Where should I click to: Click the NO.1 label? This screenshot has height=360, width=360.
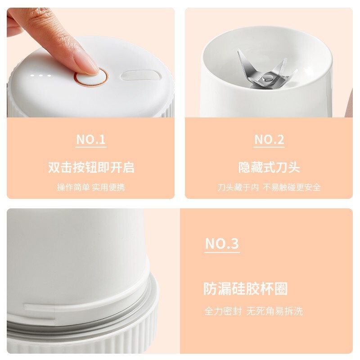(91, 139)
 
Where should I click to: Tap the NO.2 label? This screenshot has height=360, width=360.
(269, 139)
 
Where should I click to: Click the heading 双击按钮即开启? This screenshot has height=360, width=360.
(91, 167)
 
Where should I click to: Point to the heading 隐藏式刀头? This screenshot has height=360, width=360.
(269, 167)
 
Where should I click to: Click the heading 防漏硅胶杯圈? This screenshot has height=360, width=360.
(246, 288)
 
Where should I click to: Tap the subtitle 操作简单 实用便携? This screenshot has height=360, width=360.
(91, 187)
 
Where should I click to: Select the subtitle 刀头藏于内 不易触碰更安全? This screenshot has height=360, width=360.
(269, 187)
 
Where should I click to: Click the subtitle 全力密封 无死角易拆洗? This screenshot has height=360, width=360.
(256, 311)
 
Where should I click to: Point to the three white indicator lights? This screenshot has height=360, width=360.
(43, 75)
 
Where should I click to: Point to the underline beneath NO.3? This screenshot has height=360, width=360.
(222, 252)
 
